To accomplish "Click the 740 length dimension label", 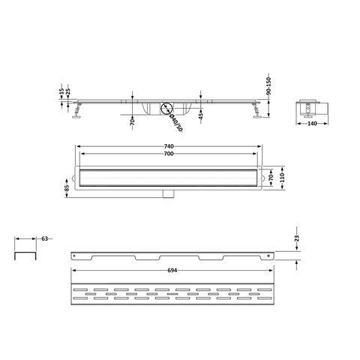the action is pos(169,146).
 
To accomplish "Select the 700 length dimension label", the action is pos(169,154).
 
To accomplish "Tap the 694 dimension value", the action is pos(172,271).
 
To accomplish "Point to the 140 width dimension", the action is pos(312,124).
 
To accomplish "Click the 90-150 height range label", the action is pos(268,86).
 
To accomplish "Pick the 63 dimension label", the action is pos(45,238).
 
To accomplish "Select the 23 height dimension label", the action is pos(297,238).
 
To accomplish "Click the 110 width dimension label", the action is pos(282,178).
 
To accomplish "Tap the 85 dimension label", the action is pos(67,188).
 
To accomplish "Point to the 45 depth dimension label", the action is pos(201,116).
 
